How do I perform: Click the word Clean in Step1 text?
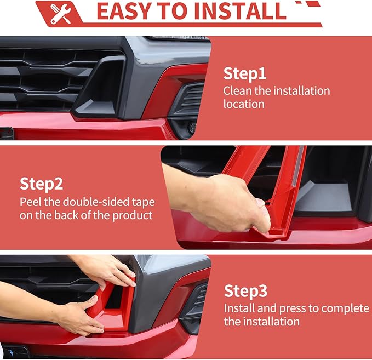click(x=238, y=90)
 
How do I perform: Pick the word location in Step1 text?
click(x=244, y=104)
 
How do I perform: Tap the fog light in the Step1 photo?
click(x=192, y=127)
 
